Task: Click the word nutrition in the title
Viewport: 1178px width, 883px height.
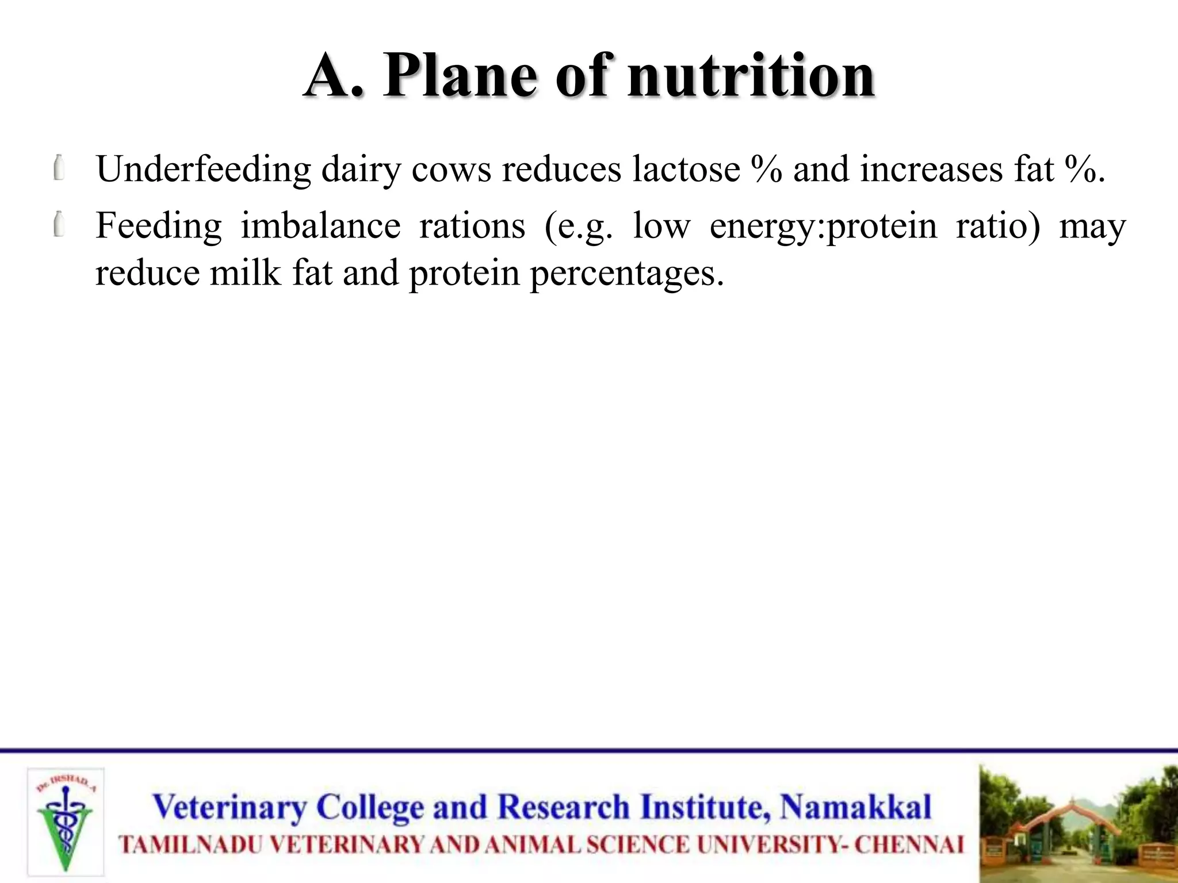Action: [x=751, y=76]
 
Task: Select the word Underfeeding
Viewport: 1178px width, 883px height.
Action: [x=203, y=170]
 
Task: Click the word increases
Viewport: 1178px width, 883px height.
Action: [x=931, y=170]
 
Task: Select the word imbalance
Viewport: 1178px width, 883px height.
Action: [x=320, y=225]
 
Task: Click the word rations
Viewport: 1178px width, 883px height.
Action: [x=472, y=225]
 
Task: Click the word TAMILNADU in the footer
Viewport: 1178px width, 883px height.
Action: [x=190, y=845]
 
